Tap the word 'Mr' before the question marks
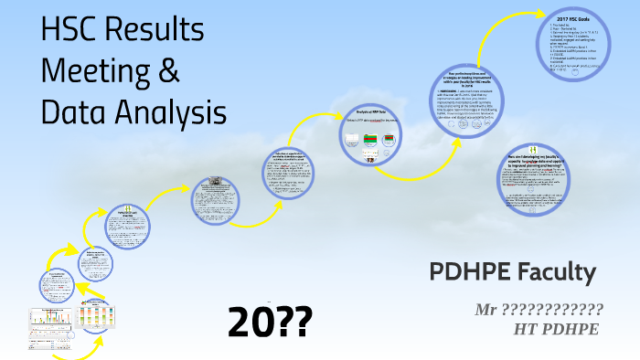coord(485,309)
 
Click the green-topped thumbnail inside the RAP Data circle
coord(371,140)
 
